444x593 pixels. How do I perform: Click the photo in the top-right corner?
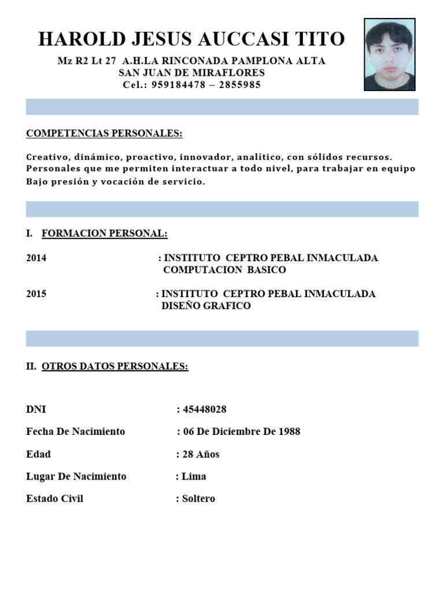click(390, 54)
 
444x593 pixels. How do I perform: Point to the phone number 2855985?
click(240, 85)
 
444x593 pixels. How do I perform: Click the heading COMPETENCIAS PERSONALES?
click(104, 134)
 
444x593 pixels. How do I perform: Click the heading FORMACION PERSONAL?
click(104, 233)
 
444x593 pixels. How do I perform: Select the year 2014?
click(36, 258)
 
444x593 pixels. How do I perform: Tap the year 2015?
click(36, 294)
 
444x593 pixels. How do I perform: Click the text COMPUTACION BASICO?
click(224, 270)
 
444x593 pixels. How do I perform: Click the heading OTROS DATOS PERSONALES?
click(114, 367)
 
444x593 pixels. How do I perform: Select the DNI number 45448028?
click(205, 409)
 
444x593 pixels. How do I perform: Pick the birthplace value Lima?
click(194, 477)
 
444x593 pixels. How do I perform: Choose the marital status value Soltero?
click(198, 499)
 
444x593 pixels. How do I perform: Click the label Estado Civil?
click(55, 499)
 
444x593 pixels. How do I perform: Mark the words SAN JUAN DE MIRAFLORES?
click(191, 72)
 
